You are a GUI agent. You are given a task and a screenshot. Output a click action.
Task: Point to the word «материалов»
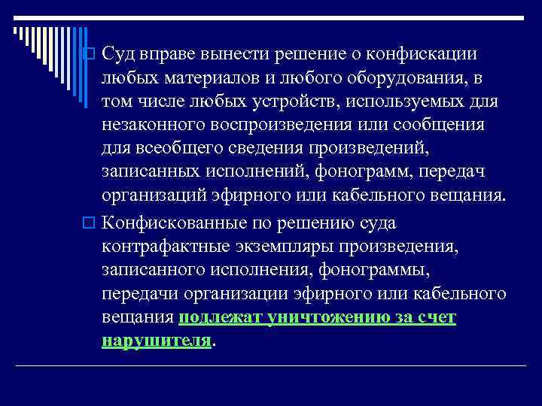210,78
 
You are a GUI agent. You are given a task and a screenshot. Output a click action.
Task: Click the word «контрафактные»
154,247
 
